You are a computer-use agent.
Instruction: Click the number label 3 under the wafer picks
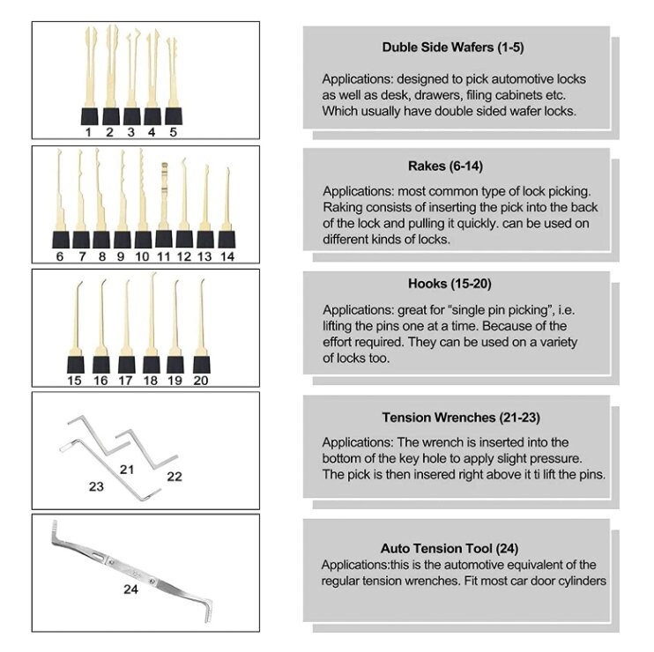[x=131, y=132]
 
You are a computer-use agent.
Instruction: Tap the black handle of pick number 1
[x=90, y=116]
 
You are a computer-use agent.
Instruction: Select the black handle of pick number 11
[x=164, y=239]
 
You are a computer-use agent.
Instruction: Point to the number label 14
[x=227, y=256]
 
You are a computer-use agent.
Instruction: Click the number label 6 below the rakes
[x=60, y=256]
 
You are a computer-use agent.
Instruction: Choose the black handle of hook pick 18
[x=151, y=365]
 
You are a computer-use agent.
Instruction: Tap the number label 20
[x=201, y=381]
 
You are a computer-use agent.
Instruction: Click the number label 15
[x=74, y=381]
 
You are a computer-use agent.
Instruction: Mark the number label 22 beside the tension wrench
[x=175, y=477]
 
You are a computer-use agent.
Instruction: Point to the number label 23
[x=96, y=486]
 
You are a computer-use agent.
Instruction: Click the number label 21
[x=127, y=470]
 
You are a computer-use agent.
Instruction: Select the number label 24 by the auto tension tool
[x=130, y=589]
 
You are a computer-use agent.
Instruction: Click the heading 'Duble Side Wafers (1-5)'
[x=453, y=47]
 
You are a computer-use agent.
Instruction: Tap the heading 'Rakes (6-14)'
[x=445, y=166]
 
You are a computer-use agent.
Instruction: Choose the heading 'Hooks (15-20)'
[x=450, y=284]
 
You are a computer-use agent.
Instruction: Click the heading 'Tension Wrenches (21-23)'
[x=461, y=418]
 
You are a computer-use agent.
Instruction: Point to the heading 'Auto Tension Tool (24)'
[x=450, y=548]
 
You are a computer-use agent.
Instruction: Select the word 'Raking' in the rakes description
[x=342, y=208]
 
